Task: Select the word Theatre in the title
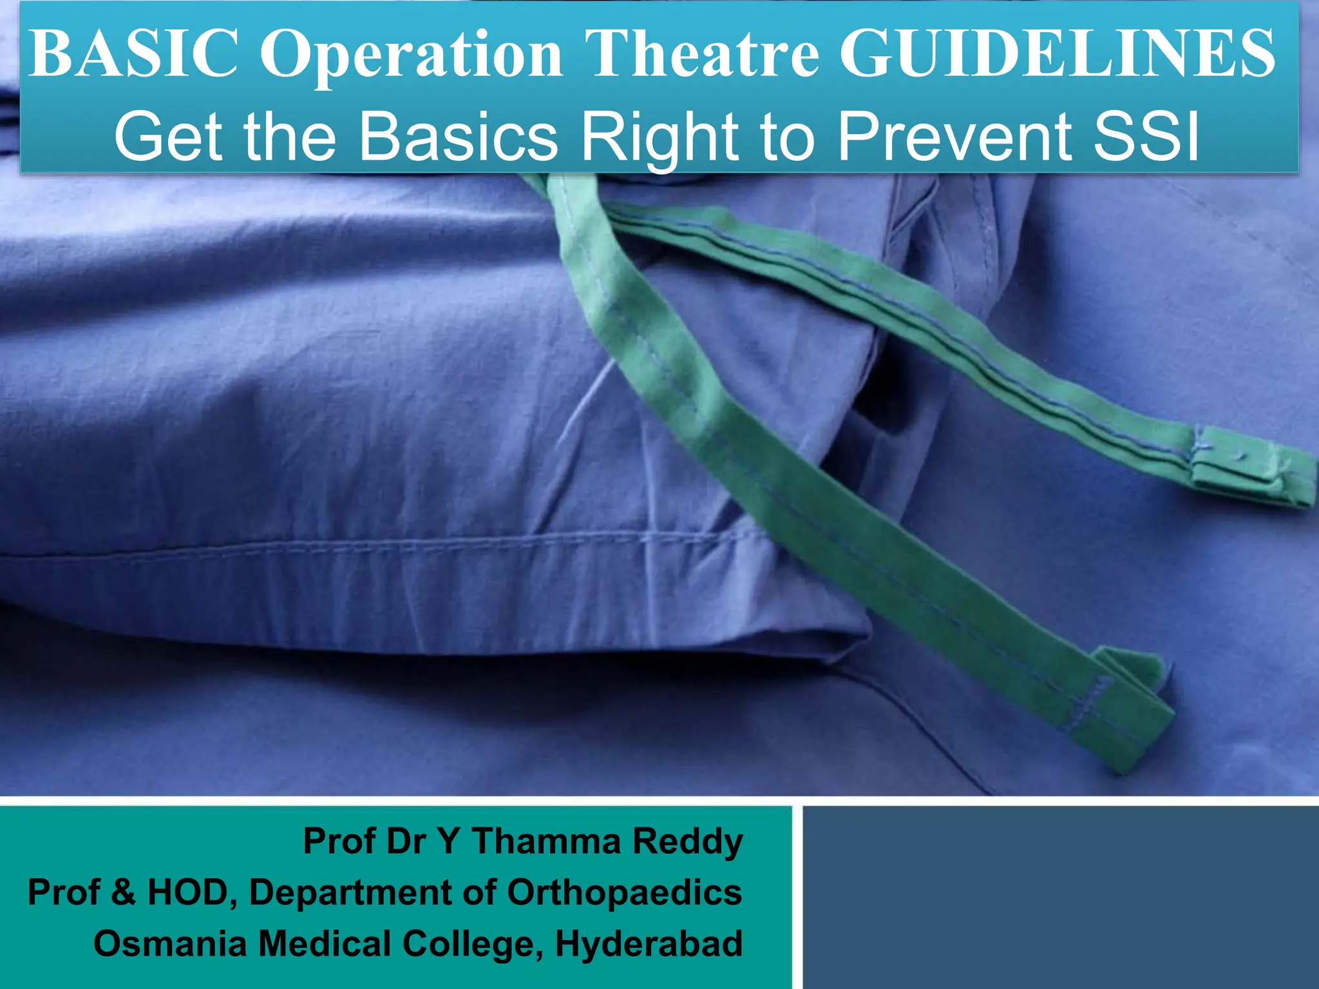coord(703,54)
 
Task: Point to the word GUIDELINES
coord(1057,54)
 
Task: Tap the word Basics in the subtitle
coord(458,137)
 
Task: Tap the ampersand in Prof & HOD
coord(123,892)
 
